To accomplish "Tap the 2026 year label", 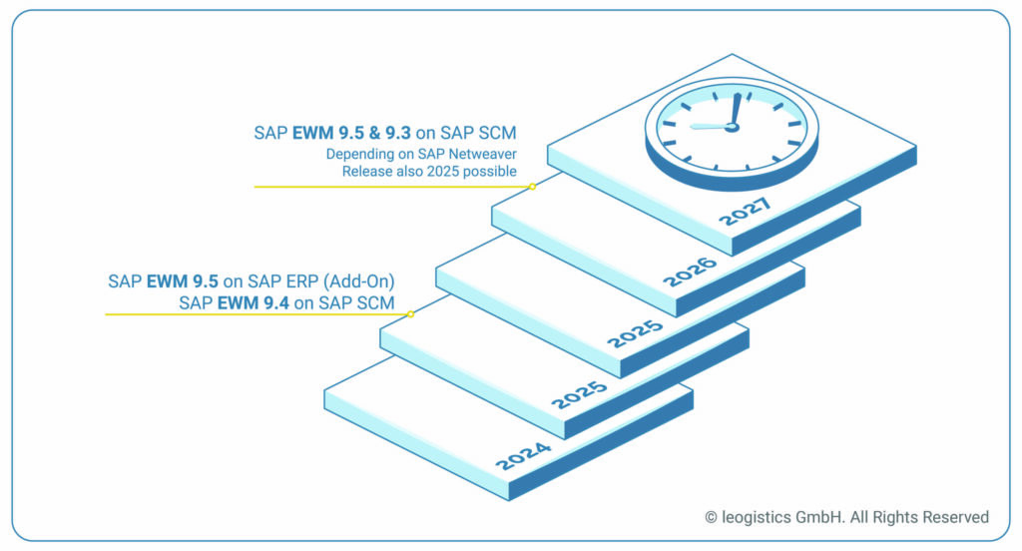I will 690,271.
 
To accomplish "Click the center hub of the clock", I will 732,127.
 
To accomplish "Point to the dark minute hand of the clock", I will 736,110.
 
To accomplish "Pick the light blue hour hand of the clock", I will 710,126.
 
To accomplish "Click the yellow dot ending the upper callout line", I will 532,187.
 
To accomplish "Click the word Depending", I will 356,154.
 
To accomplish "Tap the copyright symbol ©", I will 711,517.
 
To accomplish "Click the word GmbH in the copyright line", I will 826,517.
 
